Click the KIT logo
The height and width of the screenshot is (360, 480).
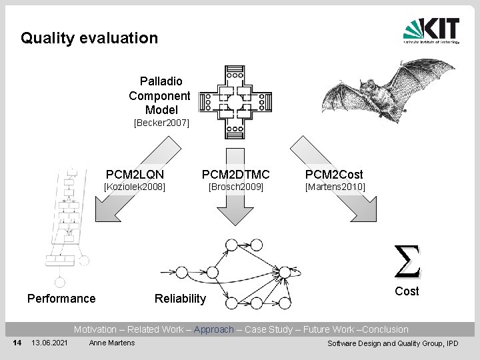coord(431,31)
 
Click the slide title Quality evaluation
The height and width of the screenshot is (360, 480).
coord(89,38)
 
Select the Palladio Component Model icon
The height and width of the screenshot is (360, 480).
coord(235,101)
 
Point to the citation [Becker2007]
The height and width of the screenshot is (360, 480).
coord(162,123)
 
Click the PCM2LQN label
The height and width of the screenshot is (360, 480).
coord(135,175)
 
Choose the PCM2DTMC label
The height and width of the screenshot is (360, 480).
coord(236,175)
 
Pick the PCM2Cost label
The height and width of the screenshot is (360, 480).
coord(334,175)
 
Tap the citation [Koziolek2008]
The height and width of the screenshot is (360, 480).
coord(133,187)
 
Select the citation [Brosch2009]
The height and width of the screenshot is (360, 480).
coord(236,187)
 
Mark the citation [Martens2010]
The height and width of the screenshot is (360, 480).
coord(335,187)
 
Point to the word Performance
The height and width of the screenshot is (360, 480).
coord(61,298)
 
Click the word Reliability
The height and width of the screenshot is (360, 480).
coord(180,298)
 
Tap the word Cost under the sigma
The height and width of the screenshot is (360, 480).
coord(407,291)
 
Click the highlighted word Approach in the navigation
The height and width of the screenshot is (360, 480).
coord(214,329)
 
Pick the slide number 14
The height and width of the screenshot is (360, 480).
coord(18,343)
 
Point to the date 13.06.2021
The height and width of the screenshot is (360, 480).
coord(49,343)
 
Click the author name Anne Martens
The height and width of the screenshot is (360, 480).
coord(112,343)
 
